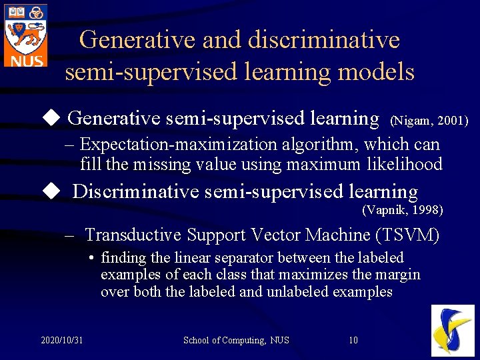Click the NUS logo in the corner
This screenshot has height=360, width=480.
tap(25, 35)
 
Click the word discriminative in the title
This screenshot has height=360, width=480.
tap(323, 40)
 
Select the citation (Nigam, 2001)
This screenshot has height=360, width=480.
tap(429, 121)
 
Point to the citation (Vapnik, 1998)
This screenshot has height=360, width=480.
tap(402, 211)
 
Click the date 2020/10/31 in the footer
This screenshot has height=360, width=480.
tap(61, 341)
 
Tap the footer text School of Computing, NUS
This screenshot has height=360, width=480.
tap(236, 341)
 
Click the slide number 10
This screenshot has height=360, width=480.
tap(353, 341)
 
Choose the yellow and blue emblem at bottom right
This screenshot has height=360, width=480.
tap(453, 330)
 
